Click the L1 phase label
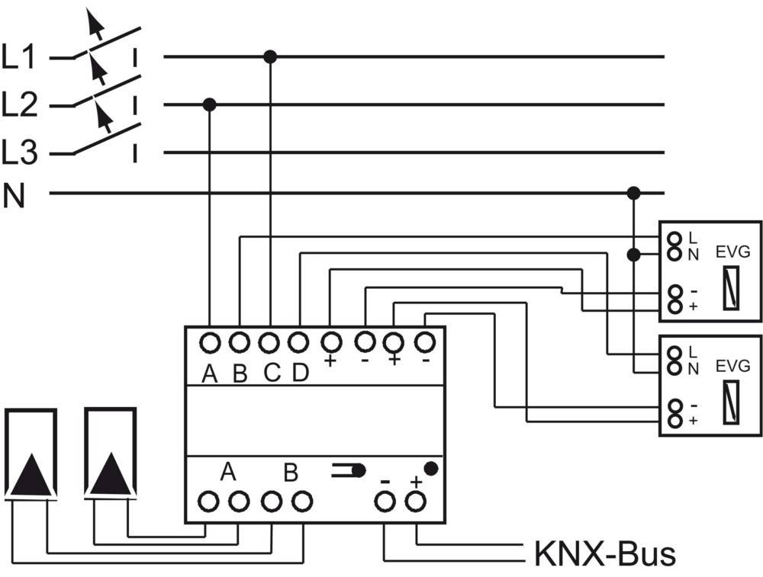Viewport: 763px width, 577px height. pyautogui.click(x=19, y=58)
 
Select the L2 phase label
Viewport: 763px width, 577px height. pyautogui.click(x=19, y=105)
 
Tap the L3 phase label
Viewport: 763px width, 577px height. pyautogui.click(x=19, y=153)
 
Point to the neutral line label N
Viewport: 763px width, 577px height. pyautogui.click(x=14, y=197)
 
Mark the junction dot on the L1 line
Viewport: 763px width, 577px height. pyautogui.click(x=269, y=56)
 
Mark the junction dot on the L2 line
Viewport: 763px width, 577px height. pyautogui.click(x=210, y=104)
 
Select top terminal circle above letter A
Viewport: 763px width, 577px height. pyautogui.click(x=210, y=342)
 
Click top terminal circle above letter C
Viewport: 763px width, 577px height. pyautogui.click(x=269, y=342)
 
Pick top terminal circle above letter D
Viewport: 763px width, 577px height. pyautogui.click(x=299, y=342)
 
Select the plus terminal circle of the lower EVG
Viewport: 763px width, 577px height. pyautogui.click(x=674, y=420)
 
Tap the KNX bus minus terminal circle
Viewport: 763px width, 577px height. pyautogui.click(x=385, y=501)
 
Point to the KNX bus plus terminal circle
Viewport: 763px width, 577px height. pyautogui.click(x=415, y=501)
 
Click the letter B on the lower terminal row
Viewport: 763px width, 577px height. pyautogui.click(x=291, y=473)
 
